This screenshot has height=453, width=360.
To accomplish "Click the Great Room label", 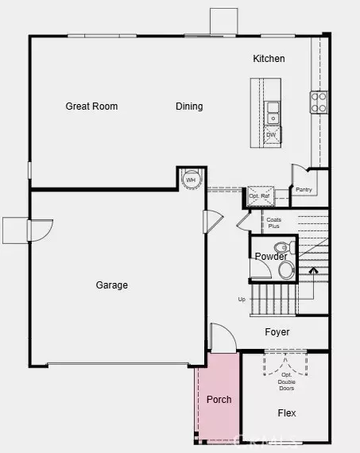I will pyautogui.click(x=91, y=106).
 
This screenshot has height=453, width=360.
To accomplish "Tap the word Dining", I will pyautogui.click(x=189, y=106).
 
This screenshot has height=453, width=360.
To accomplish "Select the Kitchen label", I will pyautogui.click(x=269, y=59).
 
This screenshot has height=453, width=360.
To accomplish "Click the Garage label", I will pyautogui.click(x=111, y=285).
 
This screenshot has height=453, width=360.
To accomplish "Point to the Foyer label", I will pyautogui.click(x=277, y=332).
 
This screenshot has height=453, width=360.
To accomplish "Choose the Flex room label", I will pyautogui.click(x=287, y=413).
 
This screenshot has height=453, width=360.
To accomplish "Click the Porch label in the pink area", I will pyautogui.click(x=219, y=399).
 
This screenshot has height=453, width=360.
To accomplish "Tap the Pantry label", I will pyautogui.click(x=303, y=190).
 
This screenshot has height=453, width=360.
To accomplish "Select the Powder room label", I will pyautogui.click(x=270, y=256).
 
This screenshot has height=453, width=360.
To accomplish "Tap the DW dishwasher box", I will pyautogui.click(x=271, y=135).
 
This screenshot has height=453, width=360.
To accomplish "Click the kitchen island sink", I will pyautogui.click(x=273, y=112).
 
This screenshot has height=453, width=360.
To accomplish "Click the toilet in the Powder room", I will pyautogui.click(x=287, y=270).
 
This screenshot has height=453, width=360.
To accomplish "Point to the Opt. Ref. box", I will pyautogui.click(x=258, y=196).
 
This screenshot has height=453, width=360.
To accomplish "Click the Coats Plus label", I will pyautogui.click(x=273, y=223).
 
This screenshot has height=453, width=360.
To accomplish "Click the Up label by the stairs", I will pyautogui.click(x=242, y=300).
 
